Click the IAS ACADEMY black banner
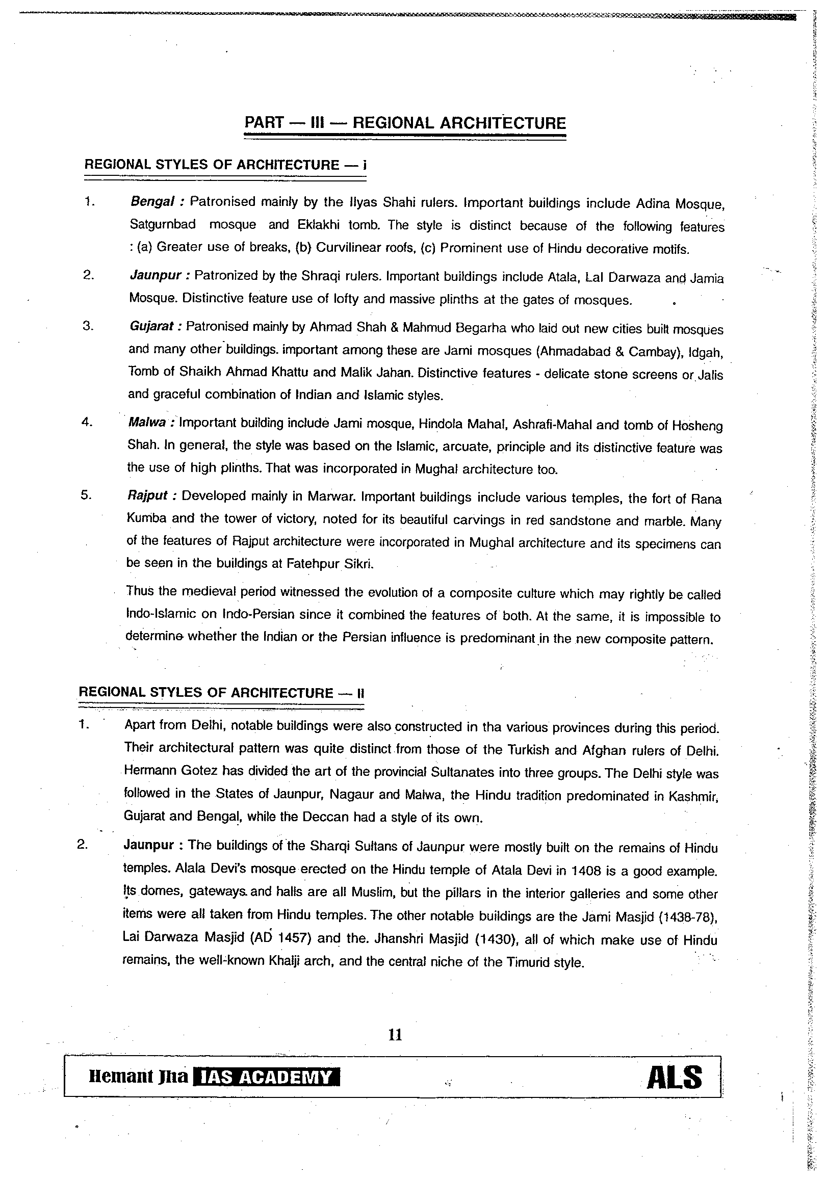click(x=266, y=1077)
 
